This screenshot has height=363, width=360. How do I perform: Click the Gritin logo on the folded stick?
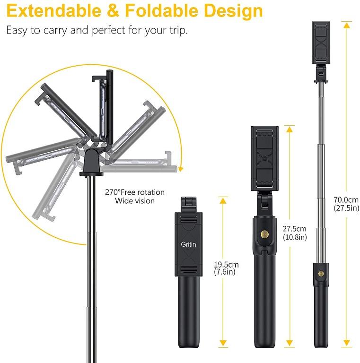[188, 244]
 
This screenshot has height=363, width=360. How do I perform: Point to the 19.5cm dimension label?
[227, 265]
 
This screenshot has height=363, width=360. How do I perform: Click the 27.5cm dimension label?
[294, 229]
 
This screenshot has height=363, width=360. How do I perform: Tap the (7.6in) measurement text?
[225, 272]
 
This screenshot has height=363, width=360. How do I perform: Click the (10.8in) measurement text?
[294, 237]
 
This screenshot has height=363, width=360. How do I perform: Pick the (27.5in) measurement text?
[346, 208]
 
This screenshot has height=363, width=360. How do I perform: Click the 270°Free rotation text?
[135, 192]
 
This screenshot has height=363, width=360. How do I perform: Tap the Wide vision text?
[135, 201]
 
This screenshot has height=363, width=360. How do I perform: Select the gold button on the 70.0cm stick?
[321, 274]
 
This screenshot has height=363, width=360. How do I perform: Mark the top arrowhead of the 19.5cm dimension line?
[223, 199]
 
